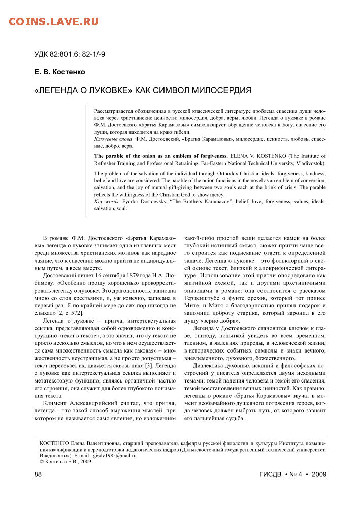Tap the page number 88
tap(38, 474)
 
